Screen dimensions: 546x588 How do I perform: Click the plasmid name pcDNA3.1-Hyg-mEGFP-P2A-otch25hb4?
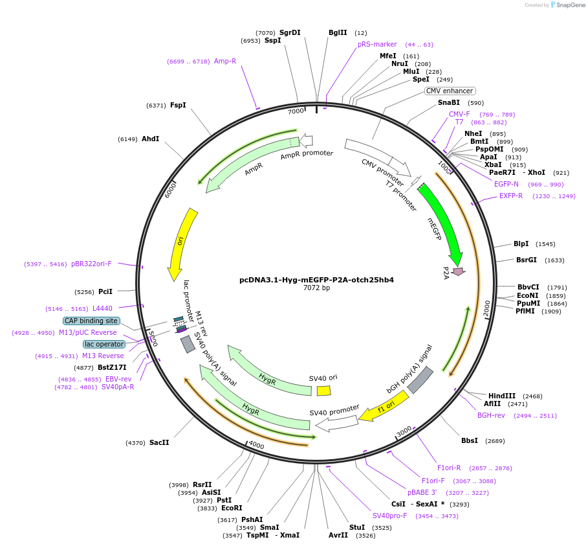(x=316, y=280)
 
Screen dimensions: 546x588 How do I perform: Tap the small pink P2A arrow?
(x=459, y=271)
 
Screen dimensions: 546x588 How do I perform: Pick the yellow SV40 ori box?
(x=323, y=391)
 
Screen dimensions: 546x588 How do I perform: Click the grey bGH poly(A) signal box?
(x=419, y=380)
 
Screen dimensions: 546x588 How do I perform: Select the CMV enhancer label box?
(x=450, y=91)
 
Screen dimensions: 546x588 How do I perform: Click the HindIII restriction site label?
(x=501, y=396)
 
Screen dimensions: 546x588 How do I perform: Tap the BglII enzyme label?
(x=338, y=32)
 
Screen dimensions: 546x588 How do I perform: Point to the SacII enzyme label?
(x=159, y=442)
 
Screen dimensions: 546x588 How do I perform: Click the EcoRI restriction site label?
(x=232, y=508)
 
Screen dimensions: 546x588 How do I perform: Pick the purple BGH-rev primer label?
(x=491, y=415)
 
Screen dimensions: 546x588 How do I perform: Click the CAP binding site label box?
(x=91, y=321)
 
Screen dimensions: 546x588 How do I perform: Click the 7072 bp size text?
(x=316, y=288)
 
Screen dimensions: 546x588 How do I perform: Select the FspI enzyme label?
(x=178, y=105)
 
